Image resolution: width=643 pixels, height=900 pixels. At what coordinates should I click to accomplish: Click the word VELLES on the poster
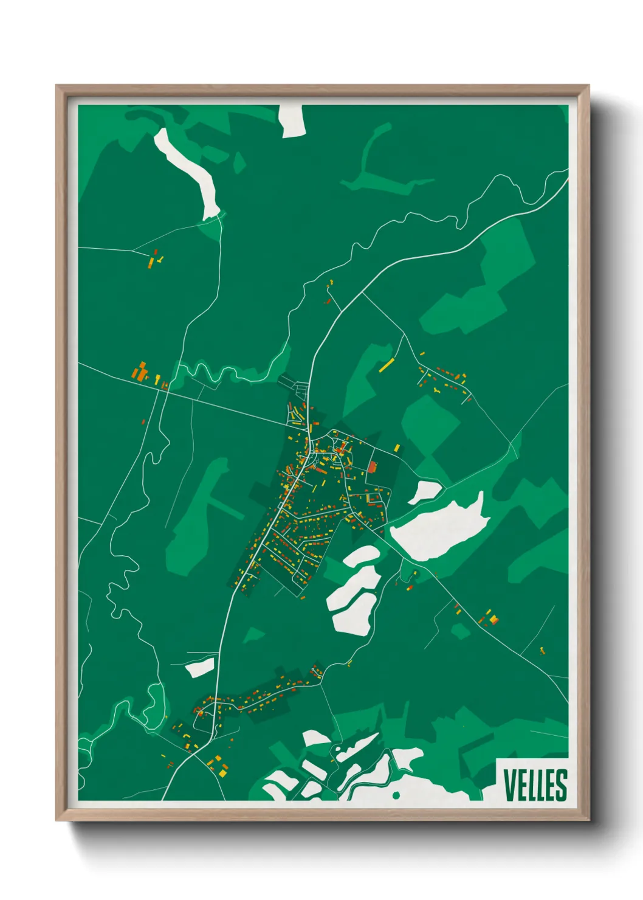point(535,785)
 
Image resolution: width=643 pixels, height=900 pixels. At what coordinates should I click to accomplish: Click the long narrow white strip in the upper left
point(188,170)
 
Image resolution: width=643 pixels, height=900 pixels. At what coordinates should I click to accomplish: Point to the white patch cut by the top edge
point(292,120)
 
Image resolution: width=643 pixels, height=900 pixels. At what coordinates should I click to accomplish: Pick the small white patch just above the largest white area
point(424,491)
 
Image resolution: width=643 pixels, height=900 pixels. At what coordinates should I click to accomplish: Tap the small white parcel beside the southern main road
point(199,668)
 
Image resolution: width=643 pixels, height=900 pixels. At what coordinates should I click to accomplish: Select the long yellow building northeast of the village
point(387,365)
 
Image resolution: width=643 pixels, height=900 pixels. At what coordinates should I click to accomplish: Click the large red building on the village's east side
point(373,466)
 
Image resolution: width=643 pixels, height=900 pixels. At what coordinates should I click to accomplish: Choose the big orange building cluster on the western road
point(141,372)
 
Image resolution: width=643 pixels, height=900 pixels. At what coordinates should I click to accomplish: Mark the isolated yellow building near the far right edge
point(542,651)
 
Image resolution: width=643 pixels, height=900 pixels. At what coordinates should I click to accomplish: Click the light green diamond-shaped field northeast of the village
point(430,423)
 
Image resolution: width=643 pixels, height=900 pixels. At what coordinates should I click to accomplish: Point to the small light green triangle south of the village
point(254,635)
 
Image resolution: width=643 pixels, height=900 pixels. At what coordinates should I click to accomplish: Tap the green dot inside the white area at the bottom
point(396,795)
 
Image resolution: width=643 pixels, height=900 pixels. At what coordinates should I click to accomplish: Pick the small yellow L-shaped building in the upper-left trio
point(160,260)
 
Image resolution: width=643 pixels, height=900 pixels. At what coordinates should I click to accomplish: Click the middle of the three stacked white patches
point(354,585)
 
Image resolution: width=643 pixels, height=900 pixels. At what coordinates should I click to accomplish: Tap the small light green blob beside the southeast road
point(461,631)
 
